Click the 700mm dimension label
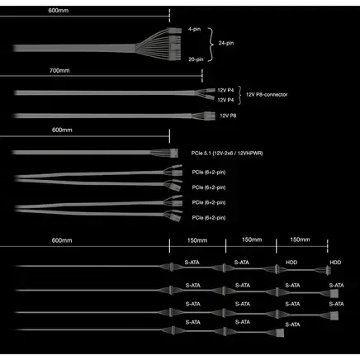tap(59, 70)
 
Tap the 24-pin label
tap(226, 43)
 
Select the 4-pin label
tap(194, 29)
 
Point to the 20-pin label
tap(196, 59)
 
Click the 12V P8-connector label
tap(267, 94)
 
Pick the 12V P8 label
tap(228, 116)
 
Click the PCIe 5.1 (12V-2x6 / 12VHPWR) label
tap(227, 153)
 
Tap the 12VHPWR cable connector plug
tap(173, 153)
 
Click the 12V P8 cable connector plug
tap(210, 116)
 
